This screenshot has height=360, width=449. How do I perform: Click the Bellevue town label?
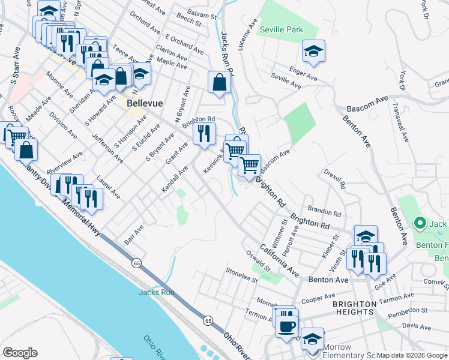145,103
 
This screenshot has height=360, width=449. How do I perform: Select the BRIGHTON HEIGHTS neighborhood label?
354,308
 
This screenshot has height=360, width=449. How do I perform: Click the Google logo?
20,352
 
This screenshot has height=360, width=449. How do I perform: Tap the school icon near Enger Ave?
313,52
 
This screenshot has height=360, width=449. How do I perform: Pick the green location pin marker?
420,224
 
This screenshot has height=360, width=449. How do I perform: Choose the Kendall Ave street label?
175,180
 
